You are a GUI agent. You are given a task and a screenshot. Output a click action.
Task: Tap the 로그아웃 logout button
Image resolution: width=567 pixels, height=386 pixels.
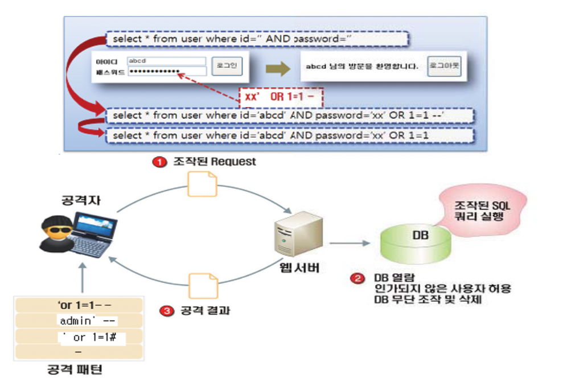[444, 67]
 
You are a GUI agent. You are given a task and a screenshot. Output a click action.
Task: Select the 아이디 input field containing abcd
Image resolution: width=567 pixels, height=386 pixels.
[166, 60]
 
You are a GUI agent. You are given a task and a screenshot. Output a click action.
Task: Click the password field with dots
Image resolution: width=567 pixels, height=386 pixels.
[166, 72]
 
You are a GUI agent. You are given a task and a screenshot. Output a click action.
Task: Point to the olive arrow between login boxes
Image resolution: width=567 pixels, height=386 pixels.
[278, 67]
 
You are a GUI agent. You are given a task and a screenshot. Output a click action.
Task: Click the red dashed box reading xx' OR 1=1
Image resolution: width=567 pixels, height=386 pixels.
[281, 97]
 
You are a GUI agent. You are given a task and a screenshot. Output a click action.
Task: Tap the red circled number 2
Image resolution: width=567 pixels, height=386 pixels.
[358, 279]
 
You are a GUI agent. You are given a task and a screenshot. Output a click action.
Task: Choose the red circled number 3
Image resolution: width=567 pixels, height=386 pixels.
[166, 311]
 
